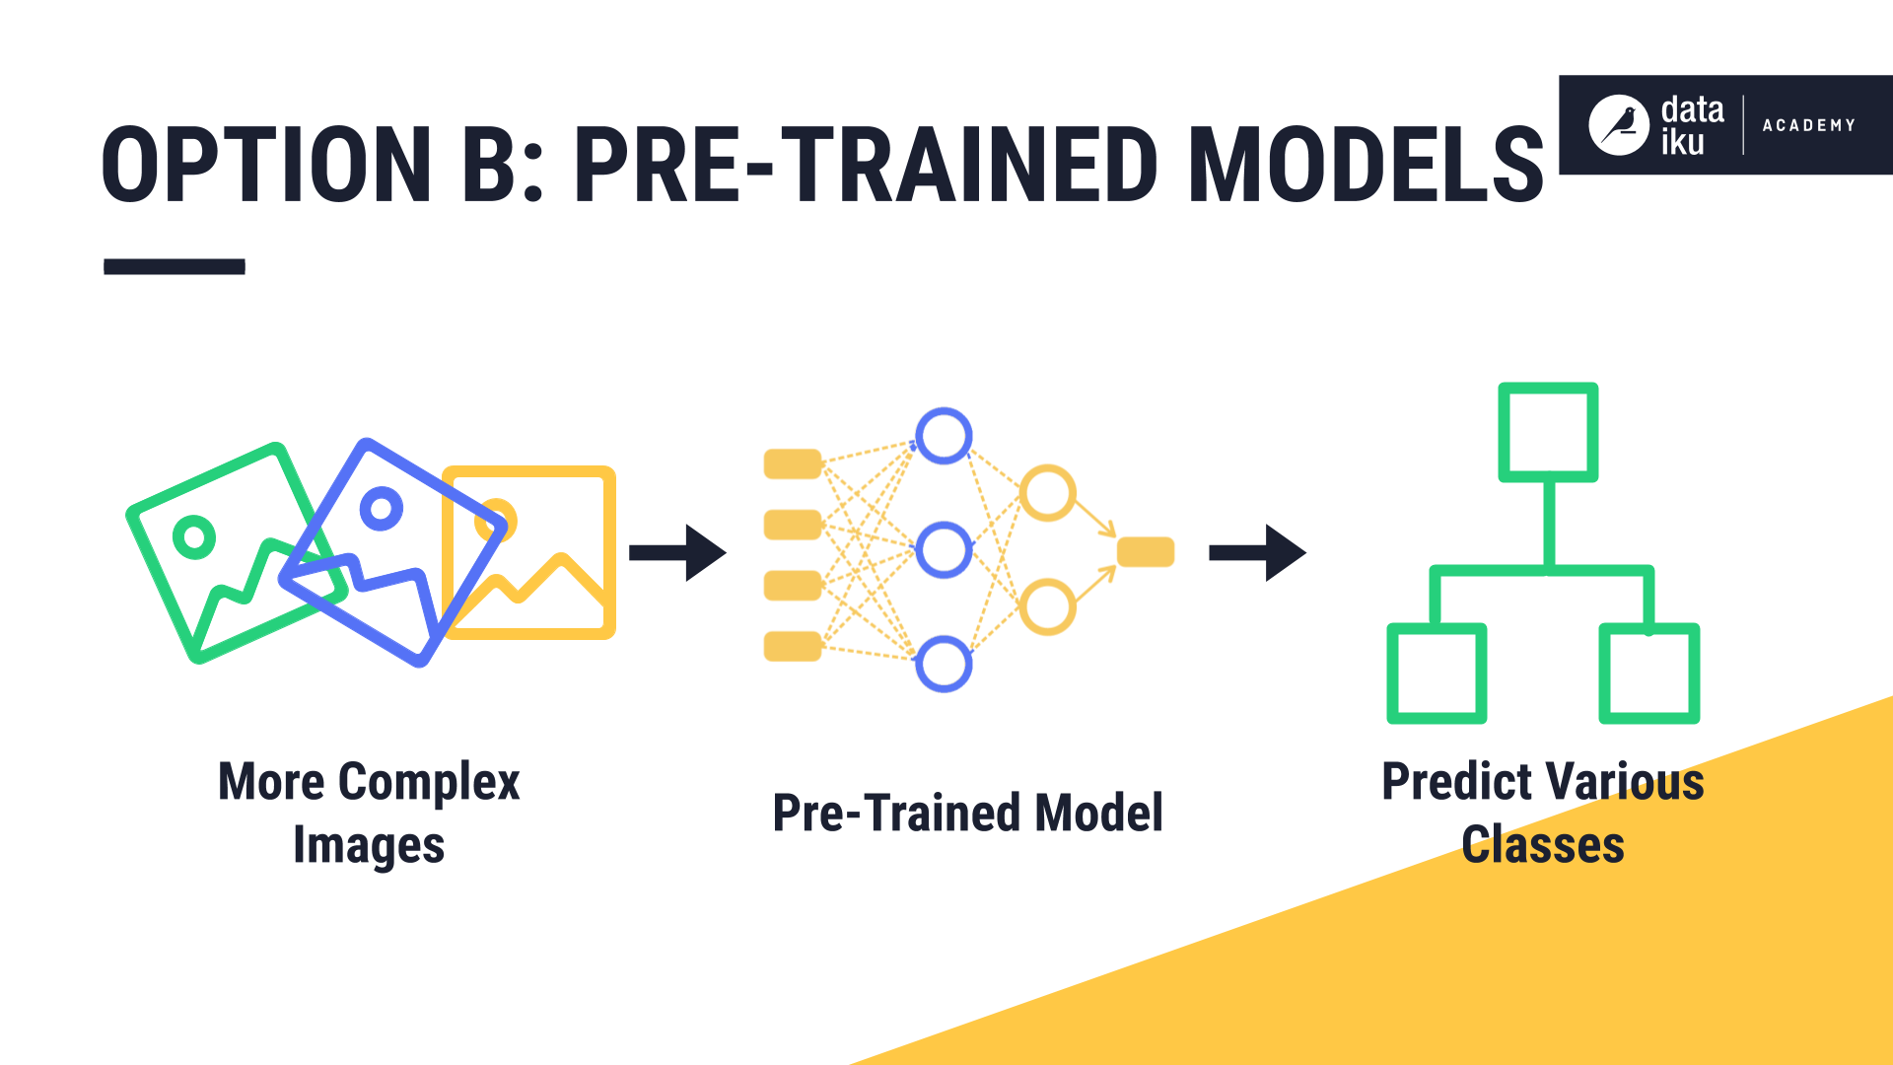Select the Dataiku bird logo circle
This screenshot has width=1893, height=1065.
point(1618,125)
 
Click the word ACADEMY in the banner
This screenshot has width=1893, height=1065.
point(1808,125)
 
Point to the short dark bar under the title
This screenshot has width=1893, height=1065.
point(175,266)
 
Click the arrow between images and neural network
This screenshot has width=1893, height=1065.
point(677,552)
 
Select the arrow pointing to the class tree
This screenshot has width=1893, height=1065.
point(1257,552)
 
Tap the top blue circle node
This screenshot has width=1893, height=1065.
point(944,436)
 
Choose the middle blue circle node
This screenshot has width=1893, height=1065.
point(944,550)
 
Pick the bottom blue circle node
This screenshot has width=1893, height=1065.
point(944,664)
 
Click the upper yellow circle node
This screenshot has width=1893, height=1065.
point(1047,493)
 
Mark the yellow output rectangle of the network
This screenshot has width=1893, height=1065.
point(1145,551)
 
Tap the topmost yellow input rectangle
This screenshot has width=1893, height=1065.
point(793,463)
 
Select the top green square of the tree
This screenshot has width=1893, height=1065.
point(1548,432)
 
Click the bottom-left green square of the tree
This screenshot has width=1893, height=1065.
point(1437,673)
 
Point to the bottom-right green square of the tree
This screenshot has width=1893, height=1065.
point(1648,673)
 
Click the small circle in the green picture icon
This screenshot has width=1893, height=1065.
point(194,537)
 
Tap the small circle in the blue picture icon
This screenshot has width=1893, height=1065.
point(381,509)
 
